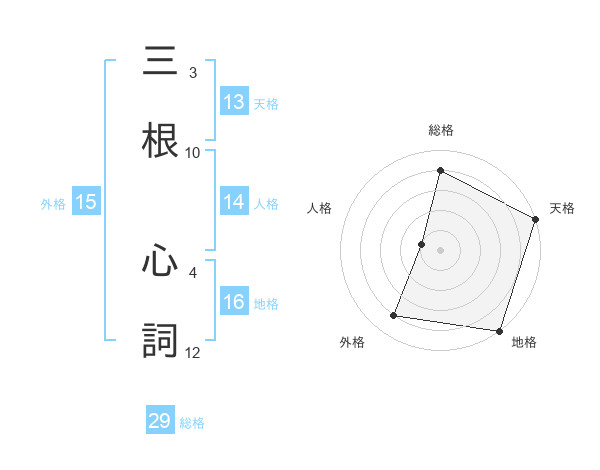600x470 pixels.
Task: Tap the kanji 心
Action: click(x=161, y=262)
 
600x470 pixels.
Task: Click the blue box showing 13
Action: click(x=234, y=102)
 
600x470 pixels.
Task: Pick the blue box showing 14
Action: click(x=234, y=202)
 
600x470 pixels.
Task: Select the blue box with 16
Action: click(x=234, y=302)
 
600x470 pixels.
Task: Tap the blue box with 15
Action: click(x=86, y=202)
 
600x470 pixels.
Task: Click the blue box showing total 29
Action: click(x=160, y=421)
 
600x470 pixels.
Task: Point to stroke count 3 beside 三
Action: click(x=193, y=73)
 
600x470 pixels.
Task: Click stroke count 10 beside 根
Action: click(x=193, y=152)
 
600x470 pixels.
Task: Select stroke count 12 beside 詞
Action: click(x=193, y=352)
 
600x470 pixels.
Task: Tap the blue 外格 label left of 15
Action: click(x=53, y=203)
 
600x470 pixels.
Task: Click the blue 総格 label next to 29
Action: click(x=192, y=422)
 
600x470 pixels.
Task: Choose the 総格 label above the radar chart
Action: click(x=440, y=130)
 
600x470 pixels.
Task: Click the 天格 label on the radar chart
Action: click(x=562, y=208)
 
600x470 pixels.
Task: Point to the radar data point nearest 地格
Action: click(x=498, y=330)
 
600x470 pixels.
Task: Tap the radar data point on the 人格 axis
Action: click(x=422, y=244)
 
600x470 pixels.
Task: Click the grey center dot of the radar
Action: click(x=440, y=249)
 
